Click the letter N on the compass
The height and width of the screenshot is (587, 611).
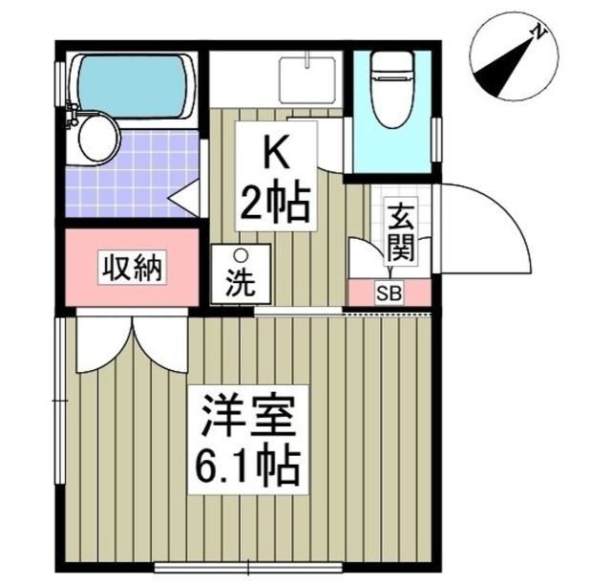point(540,33)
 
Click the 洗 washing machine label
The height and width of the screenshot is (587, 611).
point(240,284)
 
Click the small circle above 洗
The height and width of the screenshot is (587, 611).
point(241,255)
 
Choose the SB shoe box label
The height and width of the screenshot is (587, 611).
point(390,293)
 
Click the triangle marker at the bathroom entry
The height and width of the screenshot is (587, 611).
point(184,197)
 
